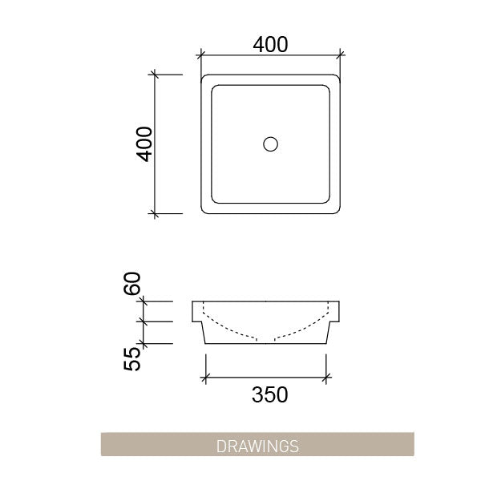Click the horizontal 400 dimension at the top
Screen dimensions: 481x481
(x=270, y=45)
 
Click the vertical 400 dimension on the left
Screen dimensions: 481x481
(x=145, y=144)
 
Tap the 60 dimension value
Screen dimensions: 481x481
(x=133, y=283)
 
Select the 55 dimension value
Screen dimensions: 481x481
(x=133, y=354)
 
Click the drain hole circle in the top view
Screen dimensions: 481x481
(x=271, y=144)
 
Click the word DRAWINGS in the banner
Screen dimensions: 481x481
(x=257, y=445)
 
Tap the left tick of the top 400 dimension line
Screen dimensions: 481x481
(x=200, y=55)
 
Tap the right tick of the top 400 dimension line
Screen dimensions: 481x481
(x=342, y=55)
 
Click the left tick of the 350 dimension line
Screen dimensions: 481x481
(x=208, y=376)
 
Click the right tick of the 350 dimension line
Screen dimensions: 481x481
(x=326, y=376)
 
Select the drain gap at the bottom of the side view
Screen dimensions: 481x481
(x=266, y=342)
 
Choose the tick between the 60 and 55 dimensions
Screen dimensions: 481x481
(x=144, y=321)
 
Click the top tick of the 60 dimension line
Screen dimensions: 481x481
(x=144, y=301)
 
